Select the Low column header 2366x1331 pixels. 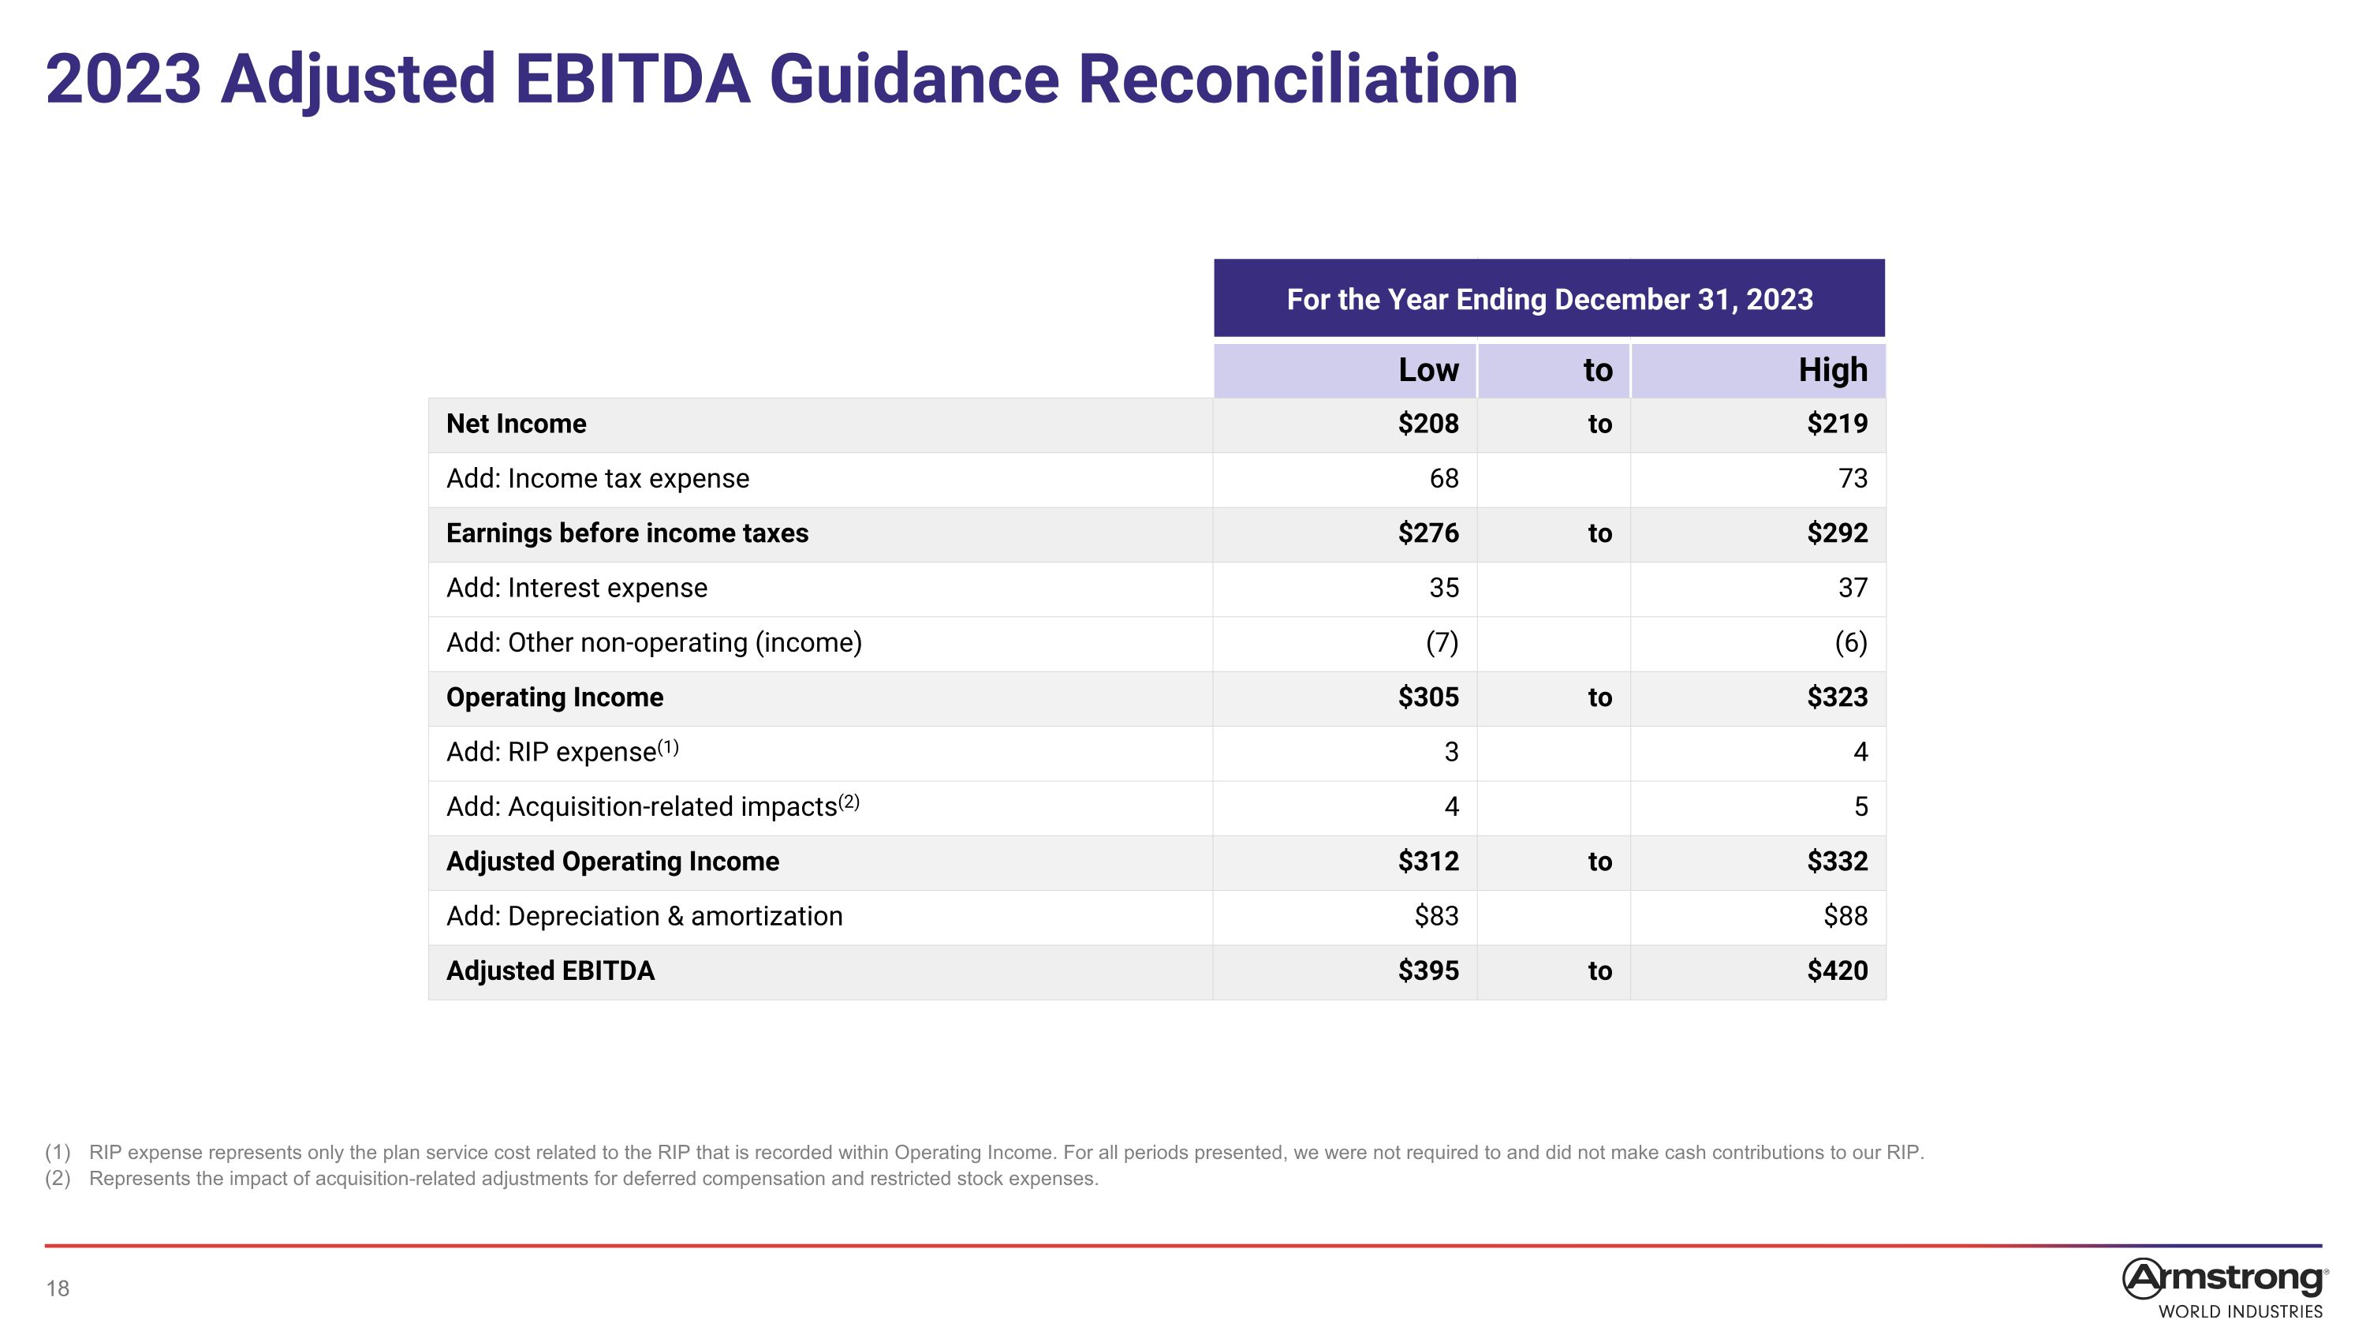[x=1428, y=370]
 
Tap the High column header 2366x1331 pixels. [x=1832, y=370]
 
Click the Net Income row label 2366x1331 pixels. [x=517, y=424]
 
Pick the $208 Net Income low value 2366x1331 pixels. [x=1428, y=424]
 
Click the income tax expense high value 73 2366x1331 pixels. [x=1853, y=479]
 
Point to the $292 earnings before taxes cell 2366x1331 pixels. [x=1837, y=533]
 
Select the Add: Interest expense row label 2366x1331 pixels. [x=577, y=588]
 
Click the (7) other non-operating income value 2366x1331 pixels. [x=1442, y=643]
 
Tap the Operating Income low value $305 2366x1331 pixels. [x=1428, y=697]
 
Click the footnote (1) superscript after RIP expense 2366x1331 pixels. [x=668, y=747]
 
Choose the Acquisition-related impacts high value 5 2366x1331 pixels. [x=1860, y=806]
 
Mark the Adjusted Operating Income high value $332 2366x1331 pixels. [x=1837, y=862]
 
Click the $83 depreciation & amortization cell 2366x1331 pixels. [x=1436, y=916]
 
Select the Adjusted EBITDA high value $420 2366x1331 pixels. [x=1837, y=971]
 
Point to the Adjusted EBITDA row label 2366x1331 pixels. [x=550, y=971]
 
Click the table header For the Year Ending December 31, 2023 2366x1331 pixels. [x=1550, y=300]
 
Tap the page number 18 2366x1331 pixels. [x=58, y=1288]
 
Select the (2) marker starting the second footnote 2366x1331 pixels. [x=58, y=1179]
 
